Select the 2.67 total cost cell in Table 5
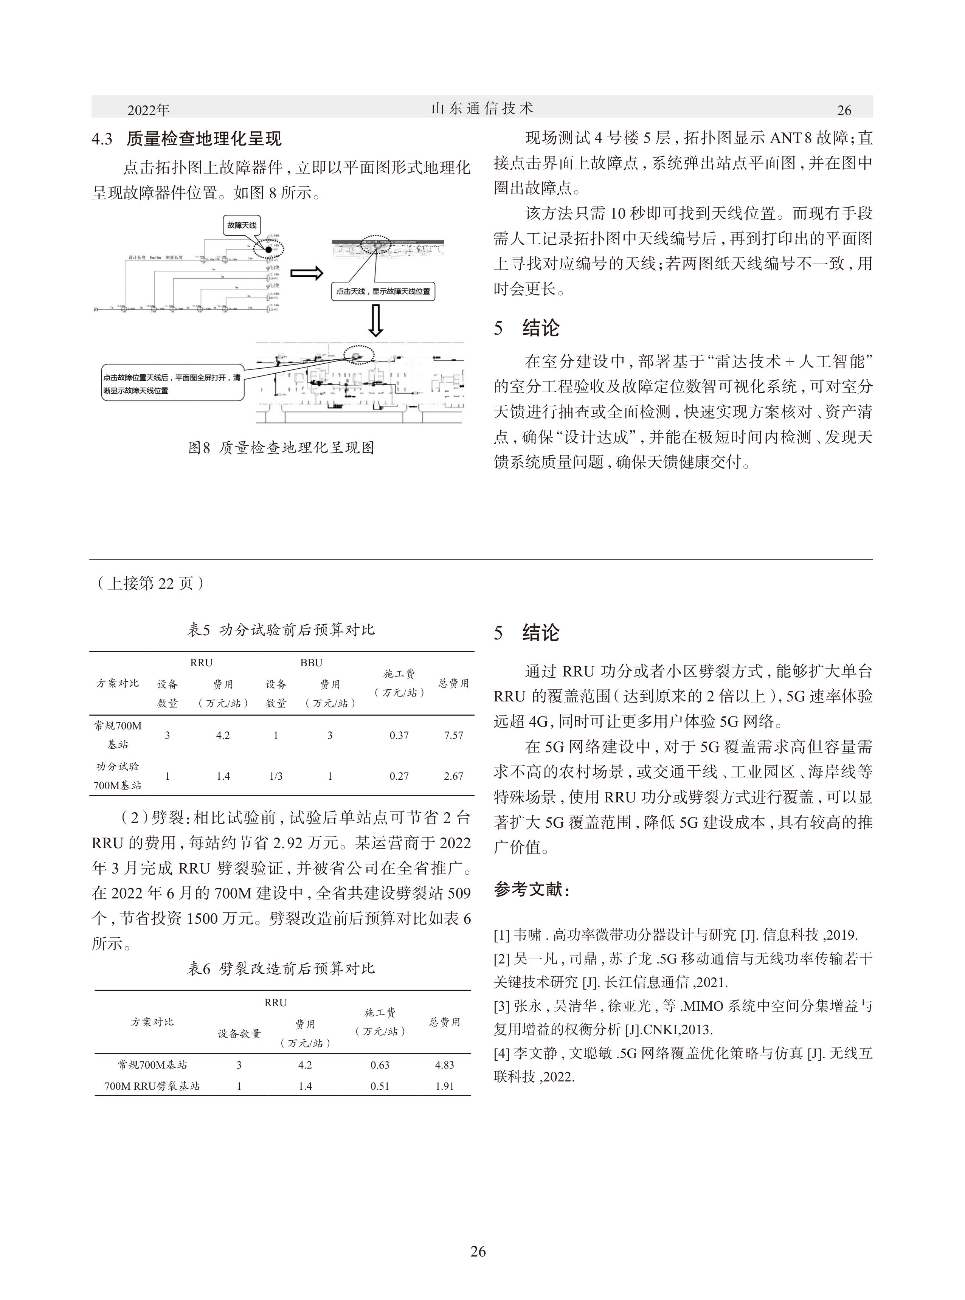click(x=453, y=776)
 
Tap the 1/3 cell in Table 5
click(x=276, y=776)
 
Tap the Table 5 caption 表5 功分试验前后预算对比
click(x=281, y=630)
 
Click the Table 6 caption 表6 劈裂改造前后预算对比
click(x=281, y=969)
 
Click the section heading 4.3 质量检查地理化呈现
click(x=187, y=139)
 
